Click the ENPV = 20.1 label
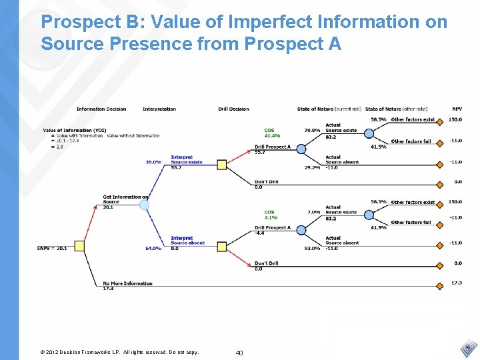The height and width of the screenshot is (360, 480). pos(51,249)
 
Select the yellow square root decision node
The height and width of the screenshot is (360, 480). pos(79,246)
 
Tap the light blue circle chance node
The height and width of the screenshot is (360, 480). pos(144,205)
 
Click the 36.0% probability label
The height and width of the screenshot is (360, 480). pos(153,162)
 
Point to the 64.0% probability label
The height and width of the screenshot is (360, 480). pos(153,249)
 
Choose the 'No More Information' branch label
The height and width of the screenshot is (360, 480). pos(128,283)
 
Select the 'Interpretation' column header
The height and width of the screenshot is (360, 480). pos(159,109)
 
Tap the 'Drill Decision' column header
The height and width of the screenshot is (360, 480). pos(233,109)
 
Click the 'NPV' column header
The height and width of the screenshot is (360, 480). pos(457,109)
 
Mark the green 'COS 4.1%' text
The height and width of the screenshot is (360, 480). pos(271,215)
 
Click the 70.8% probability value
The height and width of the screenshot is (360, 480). pos(312,131)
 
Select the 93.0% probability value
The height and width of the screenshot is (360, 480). pos(312,249)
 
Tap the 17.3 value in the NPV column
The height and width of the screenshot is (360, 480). pos(457,283)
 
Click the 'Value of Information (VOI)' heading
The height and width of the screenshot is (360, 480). pos(74,131)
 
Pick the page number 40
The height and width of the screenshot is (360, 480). pos(239,353)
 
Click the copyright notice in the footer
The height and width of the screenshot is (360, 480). pos(119,353)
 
